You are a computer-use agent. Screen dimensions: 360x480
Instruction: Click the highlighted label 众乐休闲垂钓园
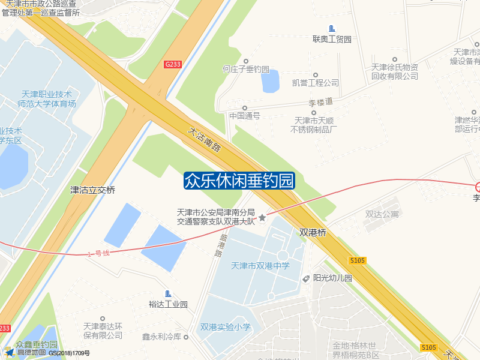[x=239, y=180]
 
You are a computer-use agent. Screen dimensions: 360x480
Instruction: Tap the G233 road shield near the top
[x=173, y=64]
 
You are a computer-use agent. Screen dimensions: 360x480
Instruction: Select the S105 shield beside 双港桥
[x=358, y=260]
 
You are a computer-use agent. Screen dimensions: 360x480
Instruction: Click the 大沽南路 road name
[x=204, y=139]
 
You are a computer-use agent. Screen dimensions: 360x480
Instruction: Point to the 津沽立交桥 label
[x=92, y=190]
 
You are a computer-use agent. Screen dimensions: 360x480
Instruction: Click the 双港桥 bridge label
[x=313, y=232]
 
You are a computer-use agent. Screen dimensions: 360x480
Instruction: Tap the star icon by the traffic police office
[x=262, y=217]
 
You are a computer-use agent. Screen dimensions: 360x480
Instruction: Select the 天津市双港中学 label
[x=260, y=266]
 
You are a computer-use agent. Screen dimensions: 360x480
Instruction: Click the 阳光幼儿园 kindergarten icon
[x=307, y=278]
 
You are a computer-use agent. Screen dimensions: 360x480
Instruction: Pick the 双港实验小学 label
[x=226, y=327]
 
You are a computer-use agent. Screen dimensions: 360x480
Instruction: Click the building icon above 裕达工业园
[x=168, y=293]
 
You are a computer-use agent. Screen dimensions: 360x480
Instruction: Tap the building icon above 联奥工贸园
[x=332, y=29]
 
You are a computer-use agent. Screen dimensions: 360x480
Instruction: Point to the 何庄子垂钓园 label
[x=246, y=70]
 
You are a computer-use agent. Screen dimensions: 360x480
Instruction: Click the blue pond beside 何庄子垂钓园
[x=270, y=82]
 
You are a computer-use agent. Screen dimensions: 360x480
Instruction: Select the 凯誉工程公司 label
[x=316, y=83]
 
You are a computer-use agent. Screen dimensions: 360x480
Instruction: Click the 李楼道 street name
[x=320, y=103]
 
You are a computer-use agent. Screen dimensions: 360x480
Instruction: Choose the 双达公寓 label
[x=382, y=214]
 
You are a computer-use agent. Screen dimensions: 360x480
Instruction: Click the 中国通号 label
[x=245, y=116]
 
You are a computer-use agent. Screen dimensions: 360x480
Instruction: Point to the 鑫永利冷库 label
[x=161, y=337]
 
